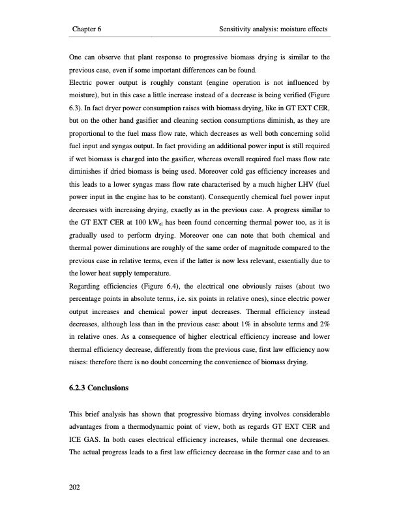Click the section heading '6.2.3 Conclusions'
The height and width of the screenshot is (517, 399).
pos(98,388)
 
